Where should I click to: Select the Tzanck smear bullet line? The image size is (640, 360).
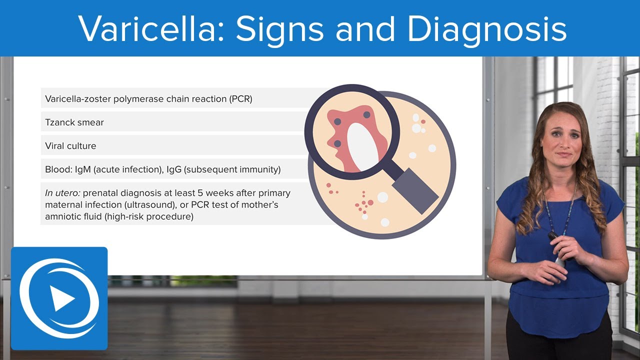click(x=74, y=122)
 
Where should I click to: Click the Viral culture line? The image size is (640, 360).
click(x=70, y=146)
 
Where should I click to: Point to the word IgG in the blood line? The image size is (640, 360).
click(x=174, y=169)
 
